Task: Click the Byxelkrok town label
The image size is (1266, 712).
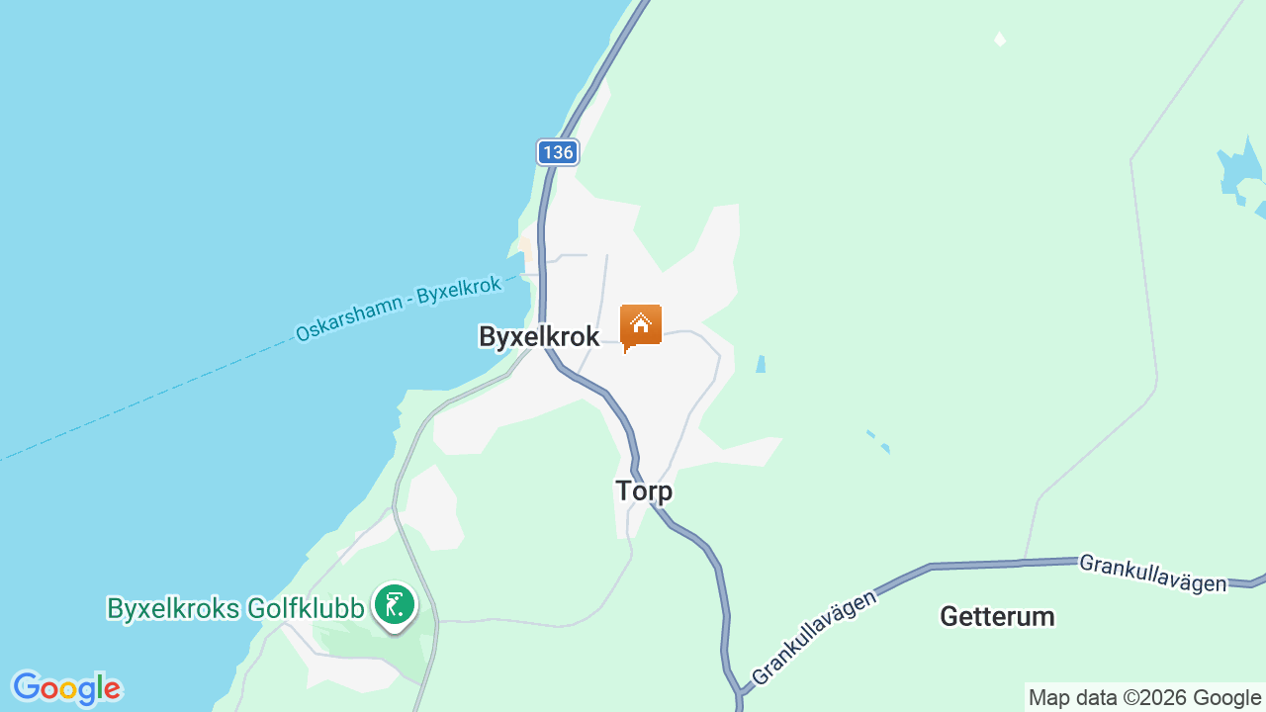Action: (x=539, y=337)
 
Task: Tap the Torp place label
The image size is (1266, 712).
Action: (x=644, y=490)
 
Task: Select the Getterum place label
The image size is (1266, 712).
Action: (x=997, y=617)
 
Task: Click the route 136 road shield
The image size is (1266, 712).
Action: (x=558, y=152)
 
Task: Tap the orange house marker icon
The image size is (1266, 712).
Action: (x=641, y=325)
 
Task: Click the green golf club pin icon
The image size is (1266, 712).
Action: (x=395, y=604)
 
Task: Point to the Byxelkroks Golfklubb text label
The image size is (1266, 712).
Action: (x=235, y=609)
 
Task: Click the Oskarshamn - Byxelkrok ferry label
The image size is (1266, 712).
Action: (x=399, y=305)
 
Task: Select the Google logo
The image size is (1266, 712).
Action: (x=66, y=688)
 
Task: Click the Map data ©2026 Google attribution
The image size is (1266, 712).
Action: (x=1144, y=698)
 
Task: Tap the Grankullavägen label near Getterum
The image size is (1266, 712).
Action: (x=1152, y=573)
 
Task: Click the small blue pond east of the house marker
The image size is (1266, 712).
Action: (x=760, y=364)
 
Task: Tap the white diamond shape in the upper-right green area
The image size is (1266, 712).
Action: (x=1000, y=40)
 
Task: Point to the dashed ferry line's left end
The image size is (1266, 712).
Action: (x=4, y=459)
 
